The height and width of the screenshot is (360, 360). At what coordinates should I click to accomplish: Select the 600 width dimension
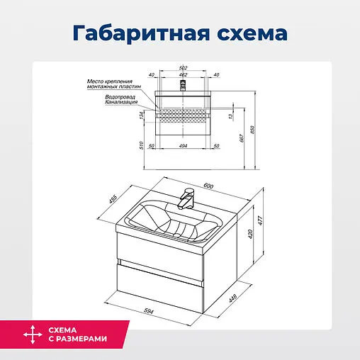[x=208, y=186]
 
